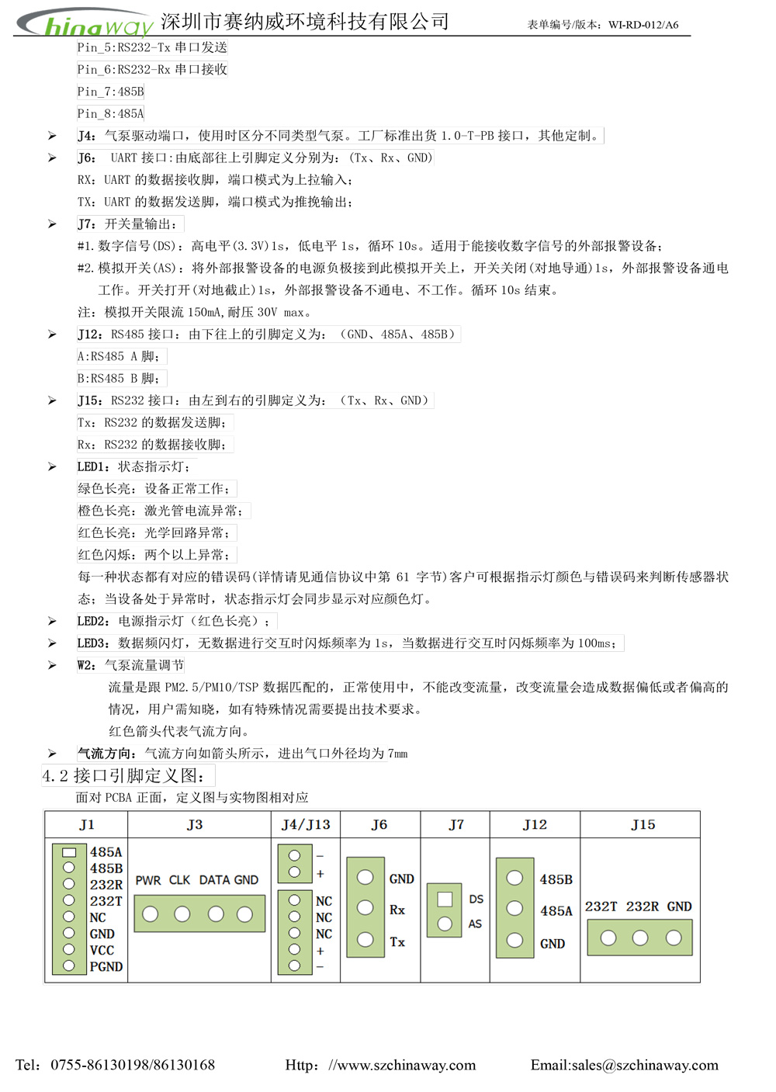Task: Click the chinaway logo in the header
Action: point(85,23)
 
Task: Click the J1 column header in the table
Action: point(86,824)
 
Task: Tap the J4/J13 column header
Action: point(306,824)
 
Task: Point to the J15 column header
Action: point(643,824)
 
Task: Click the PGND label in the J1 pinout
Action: point(106,966)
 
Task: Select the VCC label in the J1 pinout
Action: point(102,950)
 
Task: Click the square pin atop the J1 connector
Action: point(69,851)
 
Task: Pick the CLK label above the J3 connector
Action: point(179,880)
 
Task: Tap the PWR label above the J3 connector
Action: point(148,880)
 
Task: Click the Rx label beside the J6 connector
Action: point(397,910)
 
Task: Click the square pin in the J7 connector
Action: point(445,899)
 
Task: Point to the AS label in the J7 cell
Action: point(475,924)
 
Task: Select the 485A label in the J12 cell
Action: point(556,911)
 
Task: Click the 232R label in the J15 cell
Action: point(643,907)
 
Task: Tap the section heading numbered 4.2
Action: point(124,775)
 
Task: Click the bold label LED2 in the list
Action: point(93,621)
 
